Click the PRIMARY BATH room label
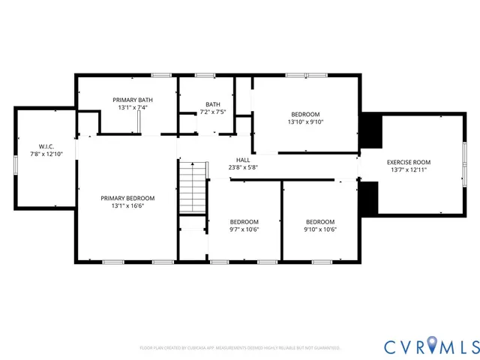[133, 100]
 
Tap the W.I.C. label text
[46, 145]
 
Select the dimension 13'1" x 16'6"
[127, 205]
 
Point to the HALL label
[243, 160]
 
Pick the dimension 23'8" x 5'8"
[243, 167]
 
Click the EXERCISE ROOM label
[409, 162]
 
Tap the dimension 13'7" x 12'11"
[409, 169]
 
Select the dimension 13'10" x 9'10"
[305, 122]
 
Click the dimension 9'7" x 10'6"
[244, 229]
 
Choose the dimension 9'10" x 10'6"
[319, 229]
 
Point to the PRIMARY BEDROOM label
[127, 198]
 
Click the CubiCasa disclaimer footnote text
[240, 348]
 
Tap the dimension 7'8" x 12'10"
[46, 154]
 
